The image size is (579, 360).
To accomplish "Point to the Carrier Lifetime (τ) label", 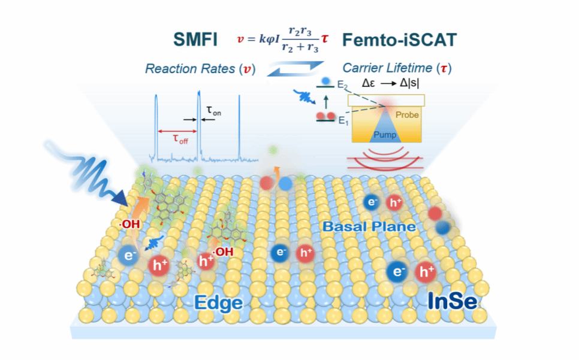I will tap(396, 68).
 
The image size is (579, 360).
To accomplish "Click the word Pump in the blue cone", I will tap(385, 135).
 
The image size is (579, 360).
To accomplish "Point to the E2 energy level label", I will tap(341, 86).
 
